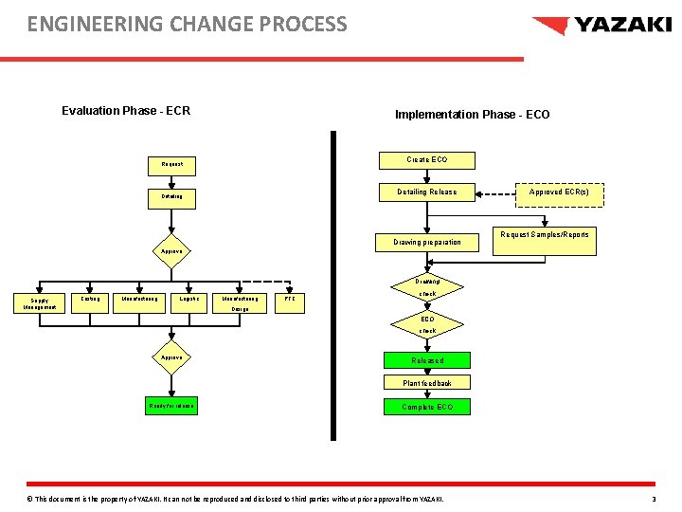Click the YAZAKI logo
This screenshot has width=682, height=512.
click(x=601, y=26)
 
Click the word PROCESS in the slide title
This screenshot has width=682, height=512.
click(x=296, y=24)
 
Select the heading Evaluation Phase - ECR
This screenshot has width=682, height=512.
click(x=126, y=111)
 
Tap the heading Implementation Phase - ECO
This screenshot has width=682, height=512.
click(x=472, y=115)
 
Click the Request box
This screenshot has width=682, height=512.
click(x=172, y=164)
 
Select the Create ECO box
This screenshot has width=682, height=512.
click(x=426, y=160)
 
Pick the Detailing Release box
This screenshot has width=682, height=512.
click(x=426, y=192)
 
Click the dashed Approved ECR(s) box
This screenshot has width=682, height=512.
click(x=558, y=192)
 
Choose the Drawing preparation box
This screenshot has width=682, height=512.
click(x=426, y=242)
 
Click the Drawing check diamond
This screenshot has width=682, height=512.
click(x=427, y=287)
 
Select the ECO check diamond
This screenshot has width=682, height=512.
click(x=427, y=325)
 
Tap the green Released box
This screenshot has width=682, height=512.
click(x=427, y=360)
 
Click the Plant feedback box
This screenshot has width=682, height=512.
click(x=427, y=383)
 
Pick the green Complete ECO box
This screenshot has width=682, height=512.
click(x=427, y=407)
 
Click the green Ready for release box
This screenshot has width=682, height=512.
click(x=171, y=406)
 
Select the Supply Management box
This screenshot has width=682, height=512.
click(x=39, y=303)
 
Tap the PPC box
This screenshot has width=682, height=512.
click(x=290, y=300)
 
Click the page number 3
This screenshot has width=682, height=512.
click(x=654, y=499)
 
